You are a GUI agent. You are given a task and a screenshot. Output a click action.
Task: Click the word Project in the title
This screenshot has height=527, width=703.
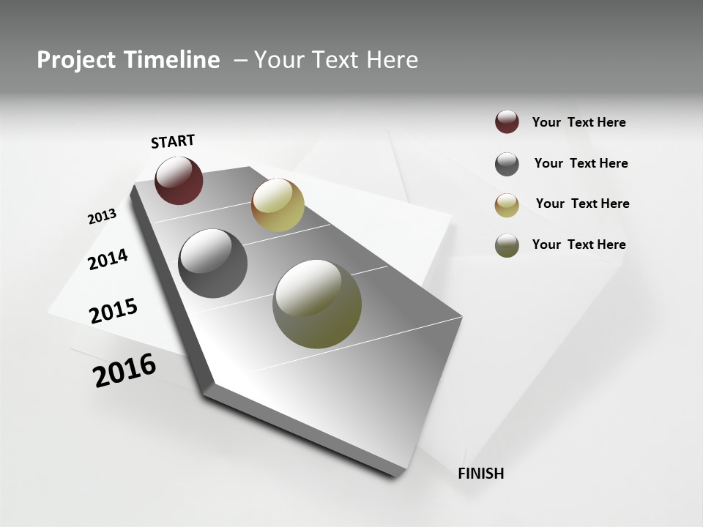[x=71, y=60]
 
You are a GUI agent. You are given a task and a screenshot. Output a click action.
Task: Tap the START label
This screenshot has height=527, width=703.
[x=173, y=141]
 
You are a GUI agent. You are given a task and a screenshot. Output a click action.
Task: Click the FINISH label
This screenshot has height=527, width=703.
[x=480, y=474]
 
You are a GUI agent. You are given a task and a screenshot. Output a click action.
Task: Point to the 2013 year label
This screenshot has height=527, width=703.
[x=102, y=216]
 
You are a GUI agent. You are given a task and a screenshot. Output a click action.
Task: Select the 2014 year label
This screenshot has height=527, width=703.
[x=108, y=259]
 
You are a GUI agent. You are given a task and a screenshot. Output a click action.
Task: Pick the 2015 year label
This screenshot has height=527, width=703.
[x=114, y=311]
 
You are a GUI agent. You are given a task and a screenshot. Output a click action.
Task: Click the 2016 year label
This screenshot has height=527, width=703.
[x=124, y=370]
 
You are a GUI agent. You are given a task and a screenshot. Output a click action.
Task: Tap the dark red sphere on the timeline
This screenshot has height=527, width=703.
[x=179, y=180]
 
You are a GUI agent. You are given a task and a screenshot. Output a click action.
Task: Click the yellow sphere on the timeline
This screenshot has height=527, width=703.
[x=278, y=204]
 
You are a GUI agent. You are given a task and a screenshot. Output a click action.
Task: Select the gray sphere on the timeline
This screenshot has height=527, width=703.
[x=213, y=263]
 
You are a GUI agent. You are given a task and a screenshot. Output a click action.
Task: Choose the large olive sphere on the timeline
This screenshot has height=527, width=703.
[x=317, y=304]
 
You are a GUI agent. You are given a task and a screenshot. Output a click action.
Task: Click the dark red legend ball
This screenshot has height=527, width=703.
[x=507, y=122]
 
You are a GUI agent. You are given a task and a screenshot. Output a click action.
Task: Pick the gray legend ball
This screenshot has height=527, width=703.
[x=507, y=164]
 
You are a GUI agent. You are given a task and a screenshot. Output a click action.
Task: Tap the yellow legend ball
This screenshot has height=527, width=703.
[x=507, y=205]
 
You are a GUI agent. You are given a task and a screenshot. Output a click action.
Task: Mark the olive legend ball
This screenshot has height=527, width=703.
[x=507, y=245]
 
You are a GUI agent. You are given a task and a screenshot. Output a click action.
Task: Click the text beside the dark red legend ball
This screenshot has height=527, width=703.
[x=579, y=122]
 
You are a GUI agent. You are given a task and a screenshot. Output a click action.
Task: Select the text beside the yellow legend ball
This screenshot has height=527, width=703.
[x=582, y=203]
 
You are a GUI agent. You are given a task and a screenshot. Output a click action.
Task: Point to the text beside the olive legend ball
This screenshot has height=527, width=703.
[x=579, y=244]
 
